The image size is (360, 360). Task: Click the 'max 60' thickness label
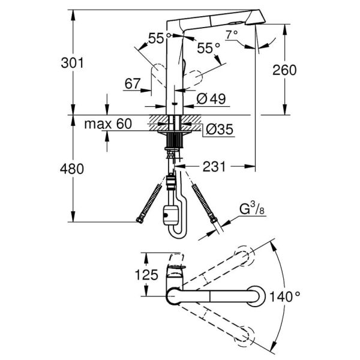(x=107, y=124)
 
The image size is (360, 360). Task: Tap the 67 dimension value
(x=133, y=84)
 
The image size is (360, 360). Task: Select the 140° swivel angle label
(x=285, y=296)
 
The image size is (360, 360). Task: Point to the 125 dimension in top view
(x=146, y=275)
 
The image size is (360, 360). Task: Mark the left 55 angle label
(x=155, y=38)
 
